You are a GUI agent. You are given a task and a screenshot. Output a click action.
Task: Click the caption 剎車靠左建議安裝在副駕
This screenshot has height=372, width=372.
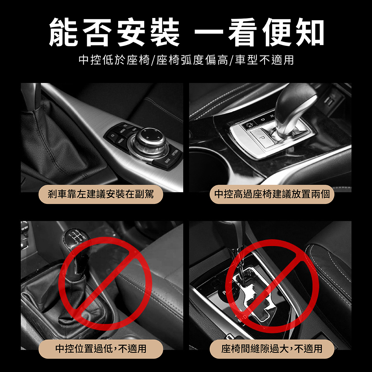pos(101,194)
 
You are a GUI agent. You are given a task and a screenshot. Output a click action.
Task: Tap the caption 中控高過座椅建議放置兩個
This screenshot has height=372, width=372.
pos(272,194)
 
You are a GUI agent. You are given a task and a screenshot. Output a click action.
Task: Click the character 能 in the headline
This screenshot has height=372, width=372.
pos(63,33)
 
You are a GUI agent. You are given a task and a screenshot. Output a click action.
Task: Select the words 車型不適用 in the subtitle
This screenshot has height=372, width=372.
pos(264,60)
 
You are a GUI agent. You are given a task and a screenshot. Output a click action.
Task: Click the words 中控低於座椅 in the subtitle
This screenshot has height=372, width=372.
pos(114,60)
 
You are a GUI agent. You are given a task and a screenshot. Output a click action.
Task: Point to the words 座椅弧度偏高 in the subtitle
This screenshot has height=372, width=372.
pos(192,60)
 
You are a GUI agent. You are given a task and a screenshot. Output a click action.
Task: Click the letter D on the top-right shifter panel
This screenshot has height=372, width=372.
pos(263,120)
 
